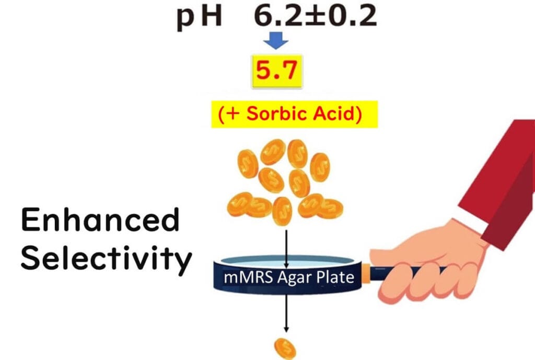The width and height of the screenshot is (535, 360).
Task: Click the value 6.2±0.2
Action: pos(315,17)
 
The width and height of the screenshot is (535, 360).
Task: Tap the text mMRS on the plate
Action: pos(244,277)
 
